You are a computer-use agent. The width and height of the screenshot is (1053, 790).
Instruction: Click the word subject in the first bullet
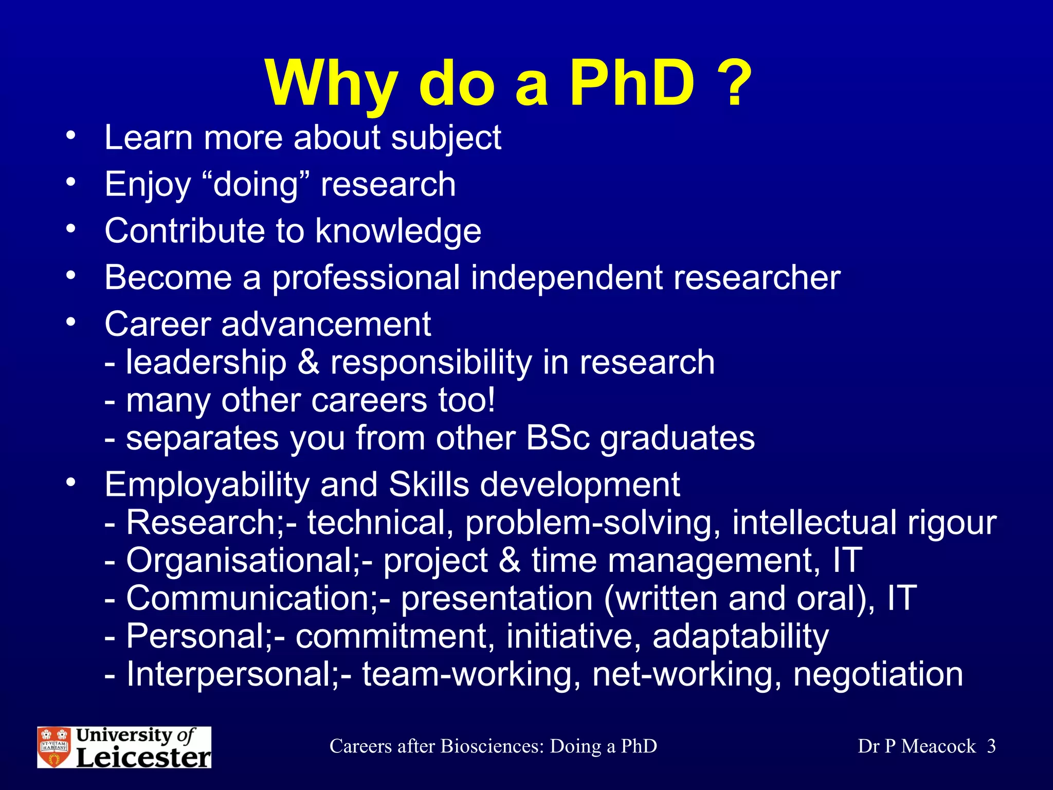[x=446, y=139]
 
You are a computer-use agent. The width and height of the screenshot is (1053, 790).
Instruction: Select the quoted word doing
[x=256, y=185]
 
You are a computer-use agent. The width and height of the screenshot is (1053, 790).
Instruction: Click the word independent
[x=567, y=278]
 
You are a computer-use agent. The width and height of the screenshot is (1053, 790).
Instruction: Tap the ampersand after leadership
[x=308, y=362]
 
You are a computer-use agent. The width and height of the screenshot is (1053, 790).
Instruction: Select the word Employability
[x=206, y=486]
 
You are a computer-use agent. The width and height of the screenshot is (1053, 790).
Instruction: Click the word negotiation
[x=878, y=674]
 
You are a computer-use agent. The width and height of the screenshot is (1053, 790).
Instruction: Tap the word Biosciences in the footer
[x=492, y=746]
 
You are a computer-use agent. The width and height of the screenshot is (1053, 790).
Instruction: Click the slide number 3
[x=991, y=746]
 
